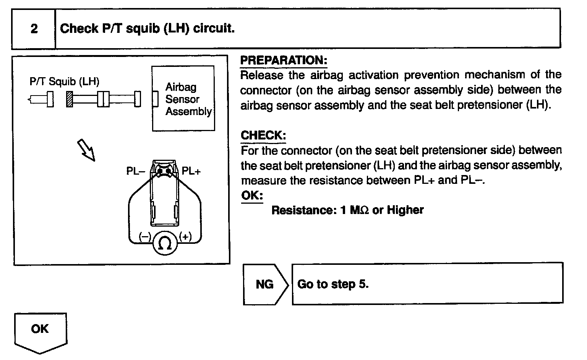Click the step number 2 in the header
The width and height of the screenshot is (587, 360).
[34, 29]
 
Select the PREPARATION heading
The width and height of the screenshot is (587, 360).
[284, 60]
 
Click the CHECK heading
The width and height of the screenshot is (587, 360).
[263, 135]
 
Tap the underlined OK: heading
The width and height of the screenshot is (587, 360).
[252, 196]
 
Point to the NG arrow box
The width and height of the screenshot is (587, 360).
[264, 284]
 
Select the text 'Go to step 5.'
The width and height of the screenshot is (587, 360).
[332, 284]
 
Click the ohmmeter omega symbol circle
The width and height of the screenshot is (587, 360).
[165, 243]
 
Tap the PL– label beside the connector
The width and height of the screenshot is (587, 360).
[135, 171]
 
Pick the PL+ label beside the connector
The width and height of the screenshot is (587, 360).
[191, 171]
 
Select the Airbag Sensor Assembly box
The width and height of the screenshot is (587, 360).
[183, 99]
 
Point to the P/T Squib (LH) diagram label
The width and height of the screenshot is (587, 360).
[64, 81]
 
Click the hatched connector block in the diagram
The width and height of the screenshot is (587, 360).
[69, 99]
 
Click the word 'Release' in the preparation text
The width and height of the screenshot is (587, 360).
[262, 75]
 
